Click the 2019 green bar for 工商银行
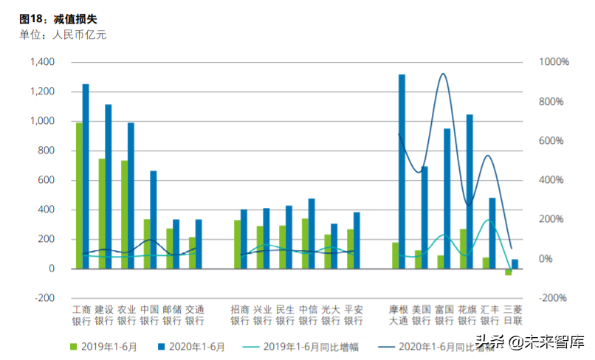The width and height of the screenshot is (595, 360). point(79,195)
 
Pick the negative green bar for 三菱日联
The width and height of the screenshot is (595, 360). point(508,272)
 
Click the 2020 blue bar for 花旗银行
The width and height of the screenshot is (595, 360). point(470,191)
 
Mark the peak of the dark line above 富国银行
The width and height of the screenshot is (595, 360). point(443,74)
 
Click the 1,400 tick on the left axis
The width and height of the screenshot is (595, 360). point(42,62)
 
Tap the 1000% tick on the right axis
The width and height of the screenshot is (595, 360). point(553,62)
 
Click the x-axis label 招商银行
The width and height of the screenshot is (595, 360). point(239,315)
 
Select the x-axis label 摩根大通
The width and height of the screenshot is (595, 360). point(399,315)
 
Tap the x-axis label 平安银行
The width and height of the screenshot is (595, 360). point(354,315)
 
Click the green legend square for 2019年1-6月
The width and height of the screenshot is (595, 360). point(73,345)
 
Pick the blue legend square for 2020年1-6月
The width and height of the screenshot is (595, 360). point(162,345)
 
